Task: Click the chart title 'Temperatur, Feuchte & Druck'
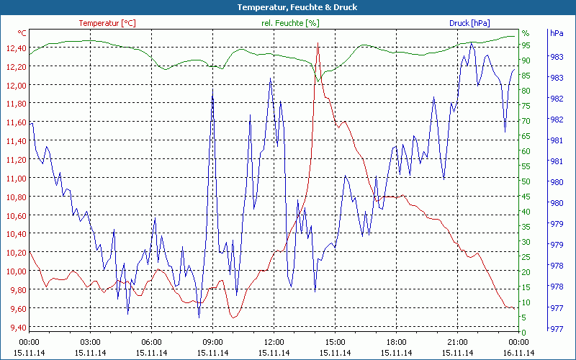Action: click(287, 7)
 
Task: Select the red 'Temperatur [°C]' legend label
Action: click(107, 23)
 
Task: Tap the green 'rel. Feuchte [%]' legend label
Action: click(290, 23)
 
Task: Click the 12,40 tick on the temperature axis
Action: click(15, 48)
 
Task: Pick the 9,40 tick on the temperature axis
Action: click(15, 328)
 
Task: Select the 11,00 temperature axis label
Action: click(15, 179)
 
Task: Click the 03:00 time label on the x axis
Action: click(90, 342)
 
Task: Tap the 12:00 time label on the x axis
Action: click(274, 342)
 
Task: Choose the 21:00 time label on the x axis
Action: click(458, 342)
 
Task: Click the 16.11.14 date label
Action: click(519, 353)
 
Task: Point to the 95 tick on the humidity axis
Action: click(526, 45)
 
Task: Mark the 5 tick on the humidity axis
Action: click(526, 318)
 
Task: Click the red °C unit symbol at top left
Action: click(22, 33)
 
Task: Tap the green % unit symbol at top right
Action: click(526, 33)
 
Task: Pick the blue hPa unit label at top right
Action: click(556, 33)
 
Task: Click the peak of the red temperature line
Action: click(318, 44)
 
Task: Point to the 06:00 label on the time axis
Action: click(151, 342)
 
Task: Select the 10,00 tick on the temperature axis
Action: click(15, 271)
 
